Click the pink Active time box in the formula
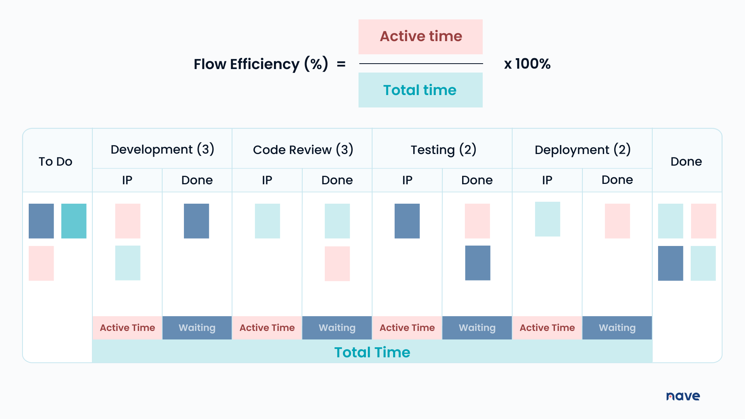point(420,36)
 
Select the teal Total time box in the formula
point(420,90)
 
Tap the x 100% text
point(527,64)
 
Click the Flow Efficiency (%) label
point(261,64)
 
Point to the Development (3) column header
point(162,149)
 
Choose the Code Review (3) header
point(303,150)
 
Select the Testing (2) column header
point(443,150)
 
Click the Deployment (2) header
point(582,150)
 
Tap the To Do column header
point(55,161)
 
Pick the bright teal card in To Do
point(74,221)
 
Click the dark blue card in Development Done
point(196,221)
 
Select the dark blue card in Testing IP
point(407,221)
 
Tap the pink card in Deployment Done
point(617,221)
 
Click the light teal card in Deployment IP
point(547,219)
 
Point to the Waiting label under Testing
point(477,328)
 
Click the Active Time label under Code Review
point(267,328)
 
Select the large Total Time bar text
point(372,352)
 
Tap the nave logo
point(683,396)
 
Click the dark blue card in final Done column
point(670,263)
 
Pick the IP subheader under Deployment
point(547,180)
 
